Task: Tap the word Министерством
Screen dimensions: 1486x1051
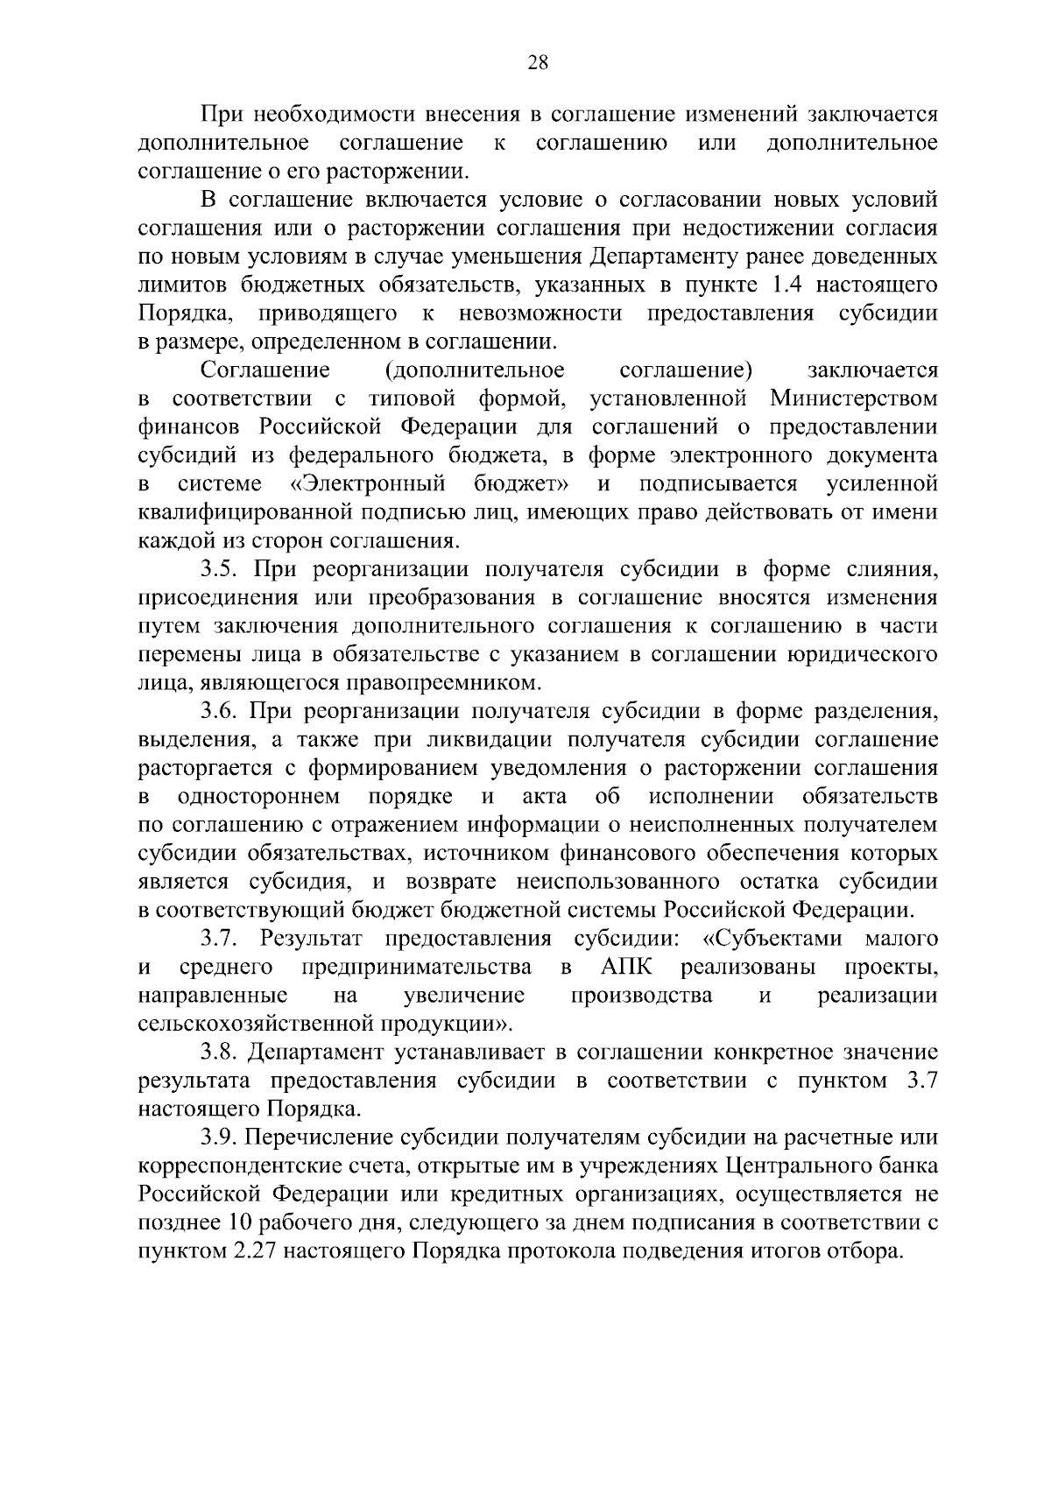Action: pyautogui.click(x=853, y=399)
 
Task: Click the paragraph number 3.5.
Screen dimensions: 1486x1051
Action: pyautogui.click(x=219, y=570)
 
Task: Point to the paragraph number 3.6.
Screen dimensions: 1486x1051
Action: pyautogui.click(x=219, y=711)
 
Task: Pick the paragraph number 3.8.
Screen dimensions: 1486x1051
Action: pyautogui.click(x=219, y=1053)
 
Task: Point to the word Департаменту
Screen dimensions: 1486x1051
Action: pyautogui.click(x=666, y=257)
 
